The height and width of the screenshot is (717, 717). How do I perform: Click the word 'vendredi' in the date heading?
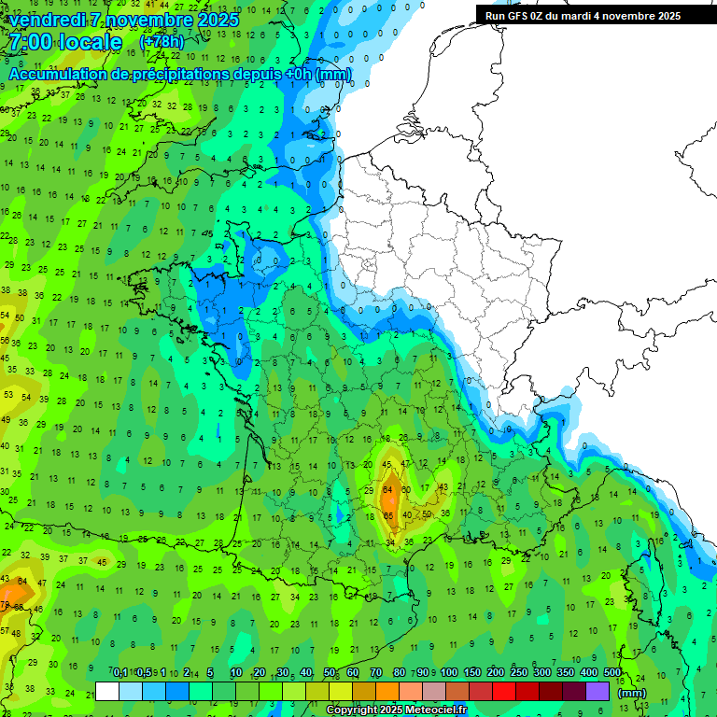click(x=47, y=19)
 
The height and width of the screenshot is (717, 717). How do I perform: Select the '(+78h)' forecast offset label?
click(x=162, y=42)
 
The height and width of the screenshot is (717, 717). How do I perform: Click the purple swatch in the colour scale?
click(x=597, y=691)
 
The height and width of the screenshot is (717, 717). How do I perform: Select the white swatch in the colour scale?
click(x=107, y=691)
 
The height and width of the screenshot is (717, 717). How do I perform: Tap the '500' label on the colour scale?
click(x=612, y=673)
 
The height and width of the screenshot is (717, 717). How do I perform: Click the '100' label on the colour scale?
click(x=449, y=673)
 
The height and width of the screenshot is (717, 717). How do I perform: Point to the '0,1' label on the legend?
click(x=119, y=673)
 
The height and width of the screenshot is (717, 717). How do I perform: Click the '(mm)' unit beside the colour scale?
click(x=632, y=693)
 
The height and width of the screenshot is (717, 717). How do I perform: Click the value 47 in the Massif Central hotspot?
click(x=404, y=464)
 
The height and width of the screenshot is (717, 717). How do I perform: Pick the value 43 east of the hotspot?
click(x=444, y=486)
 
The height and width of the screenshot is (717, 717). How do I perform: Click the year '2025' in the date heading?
click(x=212, y=19)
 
